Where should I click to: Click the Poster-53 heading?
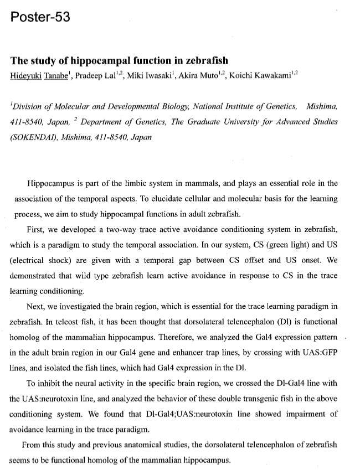[40, 17]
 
